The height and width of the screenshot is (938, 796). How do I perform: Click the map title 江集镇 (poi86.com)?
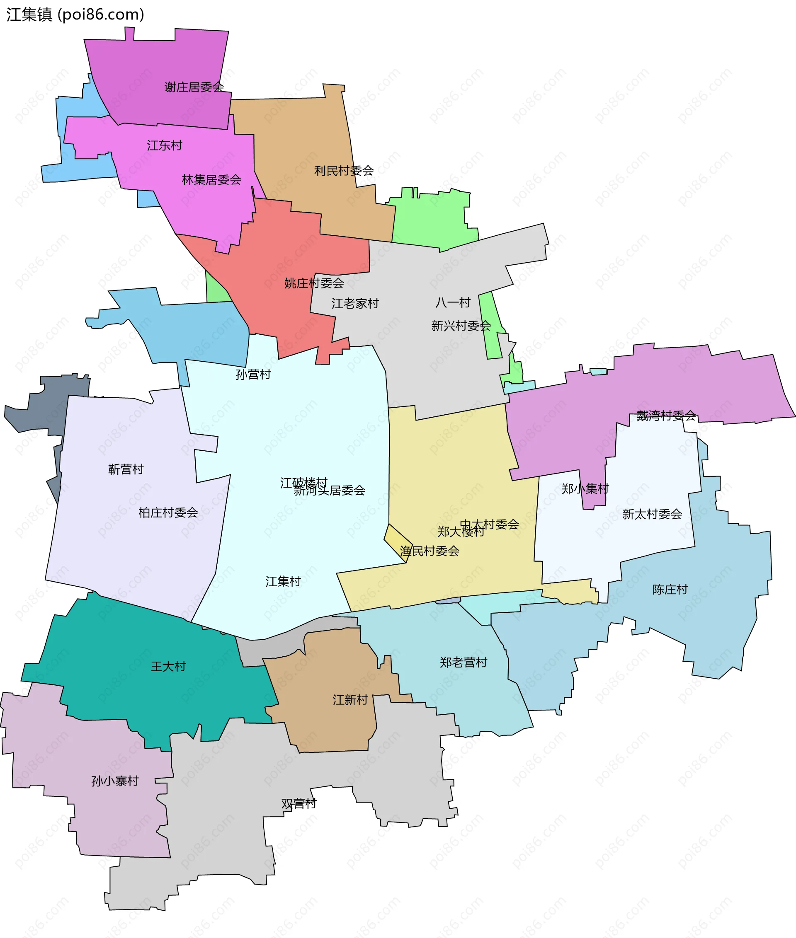75,15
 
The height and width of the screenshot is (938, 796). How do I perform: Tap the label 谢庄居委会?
194,87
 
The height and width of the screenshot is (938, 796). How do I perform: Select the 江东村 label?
164,145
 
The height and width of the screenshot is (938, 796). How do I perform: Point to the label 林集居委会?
211,179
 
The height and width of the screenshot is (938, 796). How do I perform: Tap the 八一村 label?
453,302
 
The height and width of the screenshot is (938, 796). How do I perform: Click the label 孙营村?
253,374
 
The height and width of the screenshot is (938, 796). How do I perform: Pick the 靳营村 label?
126,469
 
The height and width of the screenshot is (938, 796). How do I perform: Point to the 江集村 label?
283,581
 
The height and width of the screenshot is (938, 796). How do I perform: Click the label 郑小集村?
585,488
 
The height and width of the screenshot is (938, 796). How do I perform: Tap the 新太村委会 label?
652,514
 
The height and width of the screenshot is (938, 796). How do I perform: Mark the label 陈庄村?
670,589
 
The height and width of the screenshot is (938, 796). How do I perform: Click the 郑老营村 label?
464,662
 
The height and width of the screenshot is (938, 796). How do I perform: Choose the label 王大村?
168,666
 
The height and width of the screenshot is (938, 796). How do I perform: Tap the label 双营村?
299,803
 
